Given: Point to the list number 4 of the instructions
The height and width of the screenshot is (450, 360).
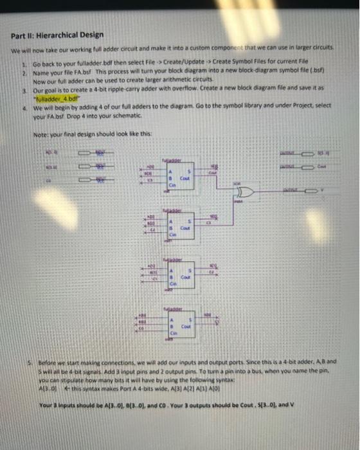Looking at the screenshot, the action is tap(23, 109).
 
